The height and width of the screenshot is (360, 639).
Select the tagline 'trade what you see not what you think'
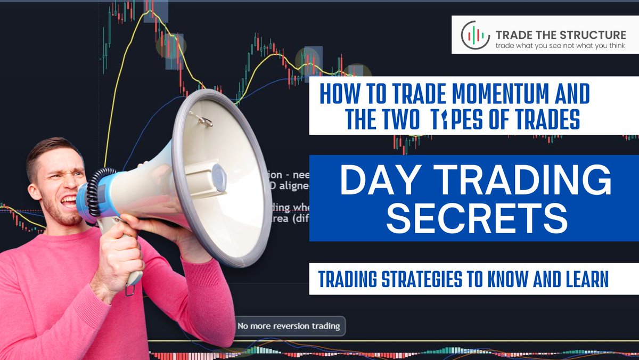pos(559,46)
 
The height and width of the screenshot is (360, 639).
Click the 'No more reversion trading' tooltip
pos(289,325)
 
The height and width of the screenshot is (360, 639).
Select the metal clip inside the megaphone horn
pos(201,120)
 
